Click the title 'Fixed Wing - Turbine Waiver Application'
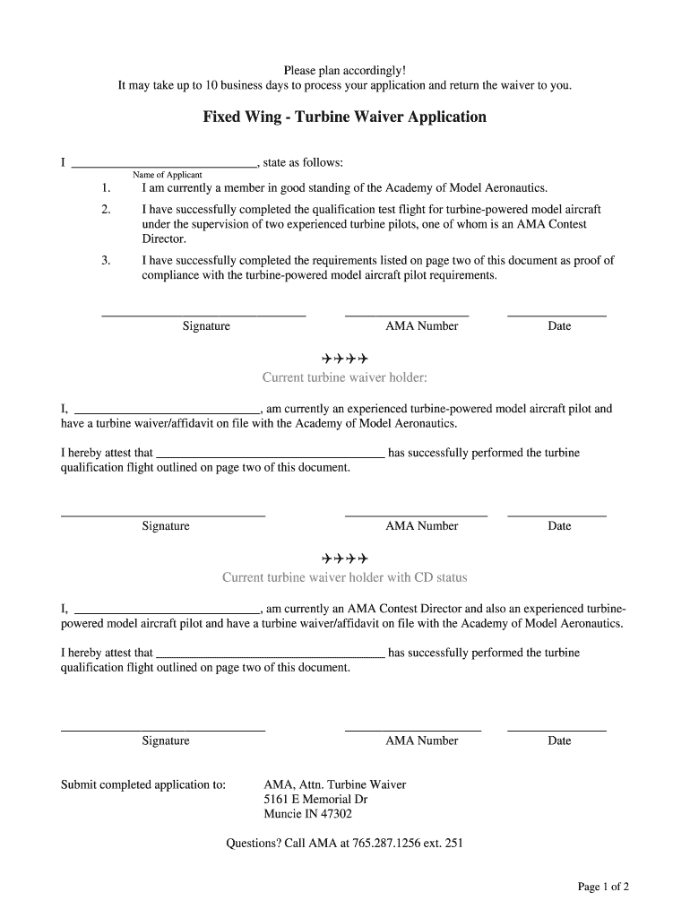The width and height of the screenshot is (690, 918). [x=344, y=117]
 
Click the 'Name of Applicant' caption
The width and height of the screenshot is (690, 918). [x=168, y=175]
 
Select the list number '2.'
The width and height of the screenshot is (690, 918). [x=106, y=209]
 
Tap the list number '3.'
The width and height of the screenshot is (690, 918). [x=106, y=261]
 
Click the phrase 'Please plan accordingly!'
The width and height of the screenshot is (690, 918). [x=344, y=70]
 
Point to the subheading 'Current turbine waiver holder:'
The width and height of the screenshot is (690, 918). [x=344, y=377]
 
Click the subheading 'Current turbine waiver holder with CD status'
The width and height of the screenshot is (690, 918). [x=344, y=577]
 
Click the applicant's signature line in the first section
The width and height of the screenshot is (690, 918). [x=203, y=316]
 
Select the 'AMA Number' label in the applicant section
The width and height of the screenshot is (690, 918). [x=421, y=326]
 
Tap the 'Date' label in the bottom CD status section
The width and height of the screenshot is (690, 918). [x=559, y=741]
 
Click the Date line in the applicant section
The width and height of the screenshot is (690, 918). [x=556, y=316]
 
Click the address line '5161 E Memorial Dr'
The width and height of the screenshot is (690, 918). [x=315, y=800]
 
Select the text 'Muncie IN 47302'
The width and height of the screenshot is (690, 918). [x=307, y=815]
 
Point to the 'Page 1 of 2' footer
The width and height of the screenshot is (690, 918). [x=603, y=888]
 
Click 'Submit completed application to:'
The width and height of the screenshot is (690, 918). [x=142, y=784]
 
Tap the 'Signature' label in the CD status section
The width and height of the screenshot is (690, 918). [x=166, y=741]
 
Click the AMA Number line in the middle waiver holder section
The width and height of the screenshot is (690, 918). [x=416, y=515]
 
